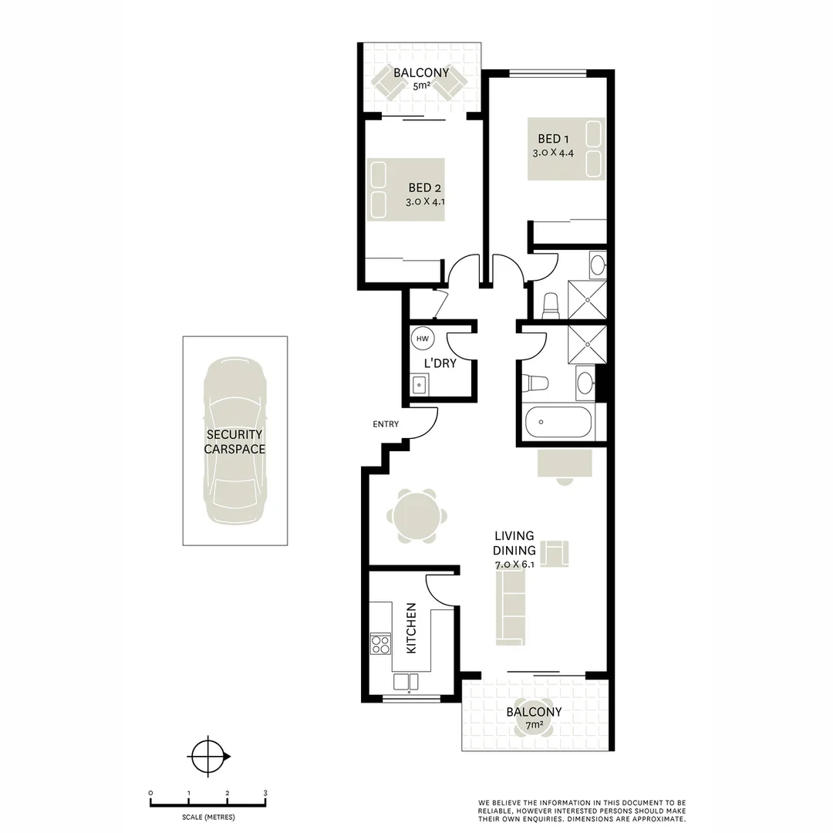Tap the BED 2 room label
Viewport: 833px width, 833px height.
tap(425, 187)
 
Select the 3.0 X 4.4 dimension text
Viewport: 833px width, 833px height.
tap(553, 153)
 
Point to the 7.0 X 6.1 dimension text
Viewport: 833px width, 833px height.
tap(515, 565)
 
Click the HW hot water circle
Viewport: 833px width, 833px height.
tap(422, 339)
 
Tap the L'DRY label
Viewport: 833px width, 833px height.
tap(440, 363)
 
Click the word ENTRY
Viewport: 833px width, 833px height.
tap(386, 424)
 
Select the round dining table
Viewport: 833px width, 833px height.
tap(416, 516)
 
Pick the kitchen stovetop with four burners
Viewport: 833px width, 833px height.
tap(380, 643)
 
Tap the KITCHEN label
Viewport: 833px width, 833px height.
tap(411, 629)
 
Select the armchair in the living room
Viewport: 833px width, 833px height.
tap(555, 553)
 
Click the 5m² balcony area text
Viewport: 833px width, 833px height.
tap(421, 87)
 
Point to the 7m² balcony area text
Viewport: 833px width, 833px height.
tap(535, 725)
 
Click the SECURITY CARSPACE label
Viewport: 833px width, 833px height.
tap(234, 442)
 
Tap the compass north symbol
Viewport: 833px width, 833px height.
tap(208, 757)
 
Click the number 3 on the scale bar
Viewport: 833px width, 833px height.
tap(265, 793)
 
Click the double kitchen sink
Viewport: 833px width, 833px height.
tap(406, 681)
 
